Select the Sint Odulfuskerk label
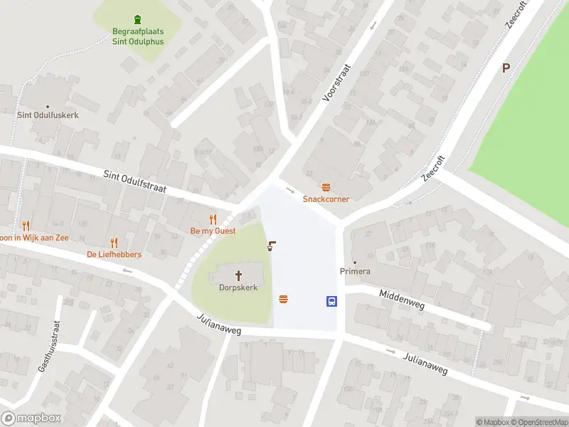[48, 115]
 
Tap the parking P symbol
[506, 68]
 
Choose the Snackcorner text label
[326, 199]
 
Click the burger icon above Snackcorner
[326, 187]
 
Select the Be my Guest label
[213, 231]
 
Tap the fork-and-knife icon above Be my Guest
[213, 219]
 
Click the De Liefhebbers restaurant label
[114, 255]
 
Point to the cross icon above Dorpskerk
[238, 275]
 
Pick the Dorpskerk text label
[238, 288]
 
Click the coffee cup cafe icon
[271, 246]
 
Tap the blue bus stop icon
[331, 301]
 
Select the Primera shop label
[355, 272]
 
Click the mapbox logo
[31, 418]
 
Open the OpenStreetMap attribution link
[539, 422]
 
